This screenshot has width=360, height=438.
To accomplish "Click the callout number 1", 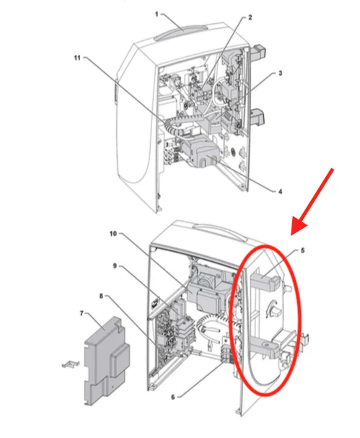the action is pos(157,14).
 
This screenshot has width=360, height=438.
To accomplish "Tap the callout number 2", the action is pos(250,17).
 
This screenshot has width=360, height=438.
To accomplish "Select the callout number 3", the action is pos(280,73).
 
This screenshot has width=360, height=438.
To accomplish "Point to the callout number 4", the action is pos(280,191).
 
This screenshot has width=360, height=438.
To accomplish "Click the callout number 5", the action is pos(303,250).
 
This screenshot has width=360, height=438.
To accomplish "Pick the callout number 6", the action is pos(173,397).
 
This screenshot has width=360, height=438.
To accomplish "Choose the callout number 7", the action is pos(82,313).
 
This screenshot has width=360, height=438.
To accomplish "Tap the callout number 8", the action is pos(102,296).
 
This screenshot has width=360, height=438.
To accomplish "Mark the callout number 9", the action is pos(115,266).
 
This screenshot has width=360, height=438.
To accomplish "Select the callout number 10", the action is pos(113,234).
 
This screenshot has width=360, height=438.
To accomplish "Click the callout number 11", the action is pos(77,58).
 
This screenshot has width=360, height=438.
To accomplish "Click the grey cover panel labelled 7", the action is pos(106,360).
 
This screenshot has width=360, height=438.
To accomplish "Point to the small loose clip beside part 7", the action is pos(71,364).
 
